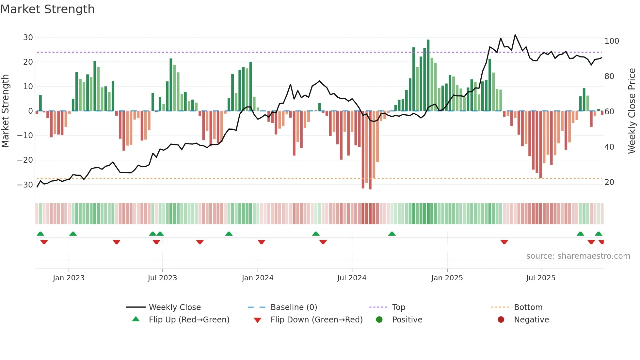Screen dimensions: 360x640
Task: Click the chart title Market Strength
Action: (x=47, y=9)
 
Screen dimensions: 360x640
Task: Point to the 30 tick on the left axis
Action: (x=28, y=38)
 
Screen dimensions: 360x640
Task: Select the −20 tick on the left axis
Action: (x=25, y=160)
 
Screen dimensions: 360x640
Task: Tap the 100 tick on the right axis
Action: (x=612, y=41)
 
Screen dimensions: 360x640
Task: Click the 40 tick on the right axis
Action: (x=609, y=147)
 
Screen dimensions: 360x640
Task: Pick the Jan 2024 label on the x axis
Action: (x=258, y=278)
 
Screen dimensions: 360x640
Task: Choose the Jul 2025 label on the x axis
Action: (x=541, y=278)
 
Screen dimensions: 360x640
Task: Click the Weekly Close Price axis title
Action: (x=632, y=111)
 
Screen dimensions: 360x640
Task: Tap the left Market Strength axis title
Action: (x=5, y=111)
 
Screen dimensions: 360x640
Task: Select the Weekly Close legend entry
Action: (x=175, y=307)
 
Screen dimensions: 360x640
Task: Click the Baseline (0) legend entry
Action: (x=294, y=307)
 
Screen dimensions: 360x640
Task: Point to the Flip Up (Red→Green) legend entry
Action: (x=189, y=320)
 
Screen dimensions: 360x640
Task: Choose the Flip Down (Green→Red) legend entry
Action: (x=316, y=320)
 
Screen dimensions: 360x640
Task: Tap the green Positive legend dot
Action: (x=379, y=320)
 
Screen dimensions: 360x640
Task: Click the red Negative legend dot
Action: (x=501, y=320)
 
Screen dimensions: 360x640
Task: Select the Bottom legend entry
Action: (x=528, y=307)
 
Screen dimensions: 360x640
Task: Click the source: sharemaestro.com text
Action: (x=578, y=256)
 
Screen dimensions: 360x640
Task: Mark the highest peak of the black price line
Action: (x=515, y=35)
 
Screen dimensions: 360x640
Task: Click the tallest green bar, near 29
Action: (x=428, y=75)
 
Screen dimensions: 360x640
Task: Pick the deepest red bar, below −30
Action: (x=370, y=150)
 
